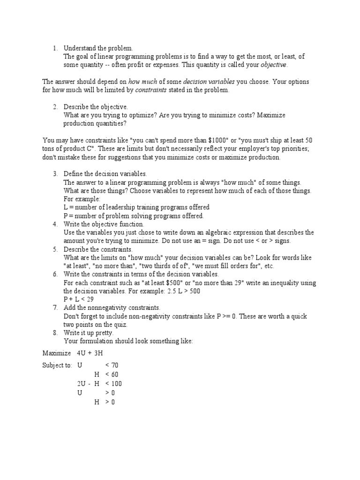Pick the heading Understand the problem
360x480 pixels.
click(x=98, y=48)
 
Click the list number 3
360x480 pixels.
click(x=55, y=174)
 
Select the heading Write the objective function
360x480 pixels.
click(x=104, y=225)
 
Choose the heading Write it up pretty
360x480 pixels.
click(x=89, y=333)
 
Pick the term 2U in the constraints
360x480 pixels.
click(x=82, y=383)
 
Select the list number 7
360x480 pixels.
click(x=55, y=307)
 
